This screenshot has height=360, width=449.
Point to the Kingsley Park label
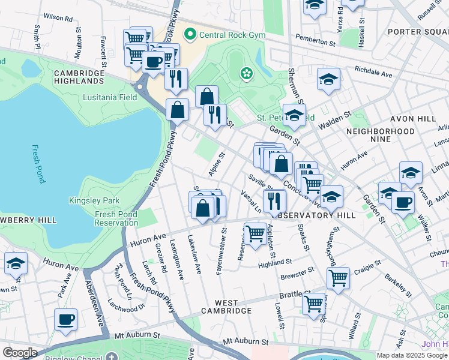tap(94, 200)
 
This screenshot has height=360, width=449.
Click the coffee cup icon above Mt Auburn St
tap(65, 319)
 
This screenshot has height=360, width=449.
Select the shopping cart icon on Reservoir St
tap(255, 233)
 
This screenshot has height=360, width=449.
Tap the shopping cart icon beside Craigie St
tap(338, 278)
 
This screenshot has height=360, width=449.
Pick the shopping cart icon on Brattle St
tap(314, 304)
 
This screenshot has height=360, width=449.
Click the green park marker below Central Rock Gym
tap(246, 74)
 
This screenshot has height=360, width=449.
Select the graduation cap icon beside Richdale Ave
tap(328, 79)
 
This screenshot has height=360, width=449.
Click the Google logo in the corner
tap(20, 353)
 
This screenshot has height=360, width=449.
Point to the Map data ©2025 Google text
tap(412, 355)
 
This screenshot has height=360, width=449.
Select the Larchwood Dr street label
tap(127, 306)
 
